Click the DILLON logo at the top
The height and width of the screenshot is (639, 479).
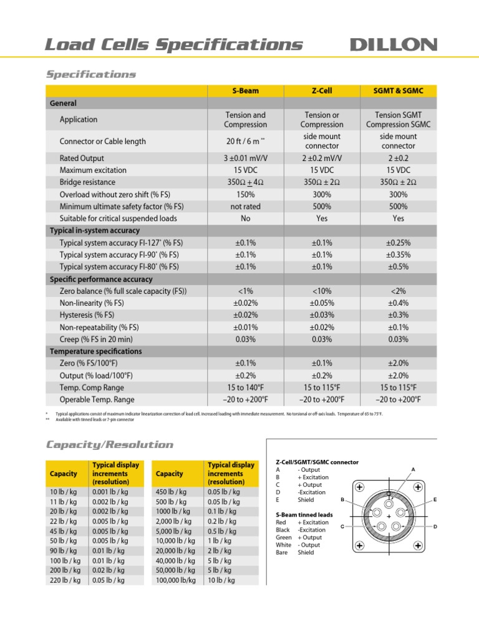click(393, 44)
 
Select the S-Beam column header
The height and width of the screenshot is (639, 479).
click(246, 90)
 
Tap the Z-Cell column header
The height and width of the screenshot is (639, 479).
click(322, 90)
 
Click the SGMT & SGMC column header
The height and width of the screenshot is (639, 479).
click(398, 90)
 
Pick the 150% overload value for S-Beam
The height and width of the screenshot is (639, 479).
click(246, 194)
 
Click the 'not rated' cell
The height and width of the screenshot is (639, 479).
click(246, 207)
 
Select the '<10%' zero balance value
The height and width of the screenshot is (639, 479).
click(322, 291)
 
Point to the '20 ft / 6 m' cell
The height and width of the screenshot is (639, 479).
click(246, 142)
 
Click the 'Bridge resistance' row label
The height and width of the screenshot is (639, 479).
click(87, 182)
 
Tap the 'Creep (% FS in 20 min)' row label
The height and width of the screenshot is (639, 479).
click(97, 339)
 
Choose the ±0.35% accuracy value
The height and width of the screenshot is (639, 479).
click(398, 255)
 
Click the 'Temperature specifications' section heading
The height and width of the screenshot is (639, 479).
click(95, 351)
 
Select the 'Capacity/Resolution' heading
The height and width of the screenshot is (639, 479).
click(109, 445)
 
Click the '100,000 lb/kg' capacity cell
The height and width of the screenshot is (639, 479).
click(175, 580)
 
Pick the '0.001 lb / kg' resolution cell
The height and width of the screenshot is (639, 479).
click(110, 492)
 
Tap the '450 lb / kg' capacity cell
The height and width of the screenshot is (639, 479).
click(171, 492)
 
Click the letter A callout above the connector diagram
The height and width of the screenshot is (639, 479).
click(413, 469)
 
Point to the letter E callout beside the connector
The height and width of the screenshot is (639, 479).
click(435, 500)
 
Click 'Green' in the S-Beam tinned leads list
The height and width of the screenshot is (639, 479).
click(284, 537)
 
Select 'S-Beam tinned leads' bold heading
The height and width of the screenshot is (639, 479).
click(304, 515)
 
